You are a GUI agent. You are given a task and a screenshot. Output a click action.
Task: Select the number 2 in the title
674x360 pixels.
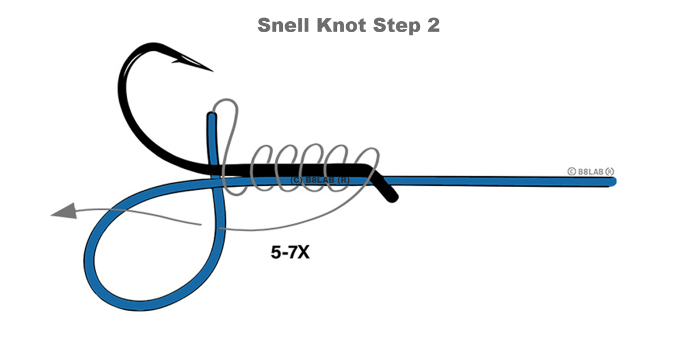[x=433, y=26]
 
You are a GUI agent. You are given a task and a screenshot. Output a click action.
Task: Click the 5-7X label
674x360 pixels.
[x=290, y=252]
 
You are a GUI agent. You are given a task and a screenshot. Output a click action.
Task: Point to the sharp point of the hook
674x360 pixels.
[x=212, y=70]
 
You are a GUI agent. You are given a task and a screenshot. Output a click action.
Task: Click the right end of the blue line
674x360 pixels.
[x=613, y=182]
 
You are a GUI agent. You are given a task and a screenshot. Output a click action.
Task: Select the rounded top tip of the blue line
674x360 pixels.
[x=211, y=117]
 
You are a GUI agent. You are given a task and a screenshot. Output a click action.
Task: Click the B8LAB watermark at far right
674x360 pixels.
[x=590, y=171]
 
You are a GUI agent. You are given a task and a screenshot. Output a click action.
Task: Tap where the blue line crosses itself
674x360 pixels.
[x=217, y=183]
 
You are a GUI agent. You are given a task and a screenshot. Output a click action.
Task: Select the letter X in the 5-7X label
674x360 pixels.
[x=303, y=252]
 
